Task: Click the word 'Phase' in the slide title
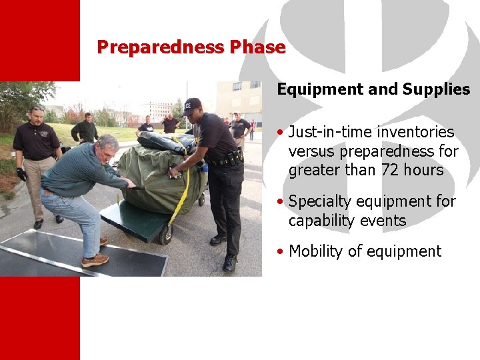click(257, 47)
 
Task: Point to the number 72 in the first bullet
click(391, 170)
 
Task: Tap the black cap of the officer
click(192, 105)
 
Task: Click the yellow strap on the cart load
click(181, 193)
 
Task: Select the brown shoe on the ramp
click(95, 260)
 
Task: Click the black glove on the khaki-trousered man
click(21, 174)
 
